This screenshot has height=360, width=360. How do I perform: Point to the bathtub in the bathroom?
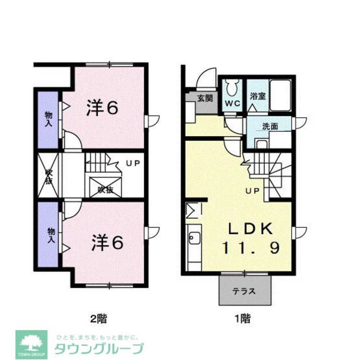(280, 95)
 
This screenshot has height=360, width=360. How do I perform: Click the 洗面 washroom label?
(270, 126)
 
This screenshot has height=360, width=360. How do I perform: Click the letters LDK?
(251, 229)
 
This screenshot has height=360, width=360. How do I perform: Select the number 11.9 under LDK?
(251, 248)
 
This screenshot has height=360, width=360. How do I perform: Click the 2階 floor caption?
(98, 318)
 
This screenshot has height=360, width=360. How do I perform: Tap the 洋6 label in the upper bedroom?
(102, 108)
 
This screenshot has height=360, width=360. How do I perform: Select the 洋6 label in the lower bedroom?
(107, 244)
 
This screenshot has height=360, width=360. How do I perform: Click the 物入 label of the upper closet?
(49, 119)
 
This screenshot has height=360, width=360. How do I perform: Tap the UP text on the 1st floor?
(252, 191)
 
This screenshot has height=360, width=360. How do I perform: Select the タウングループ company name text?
(99, 348)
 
